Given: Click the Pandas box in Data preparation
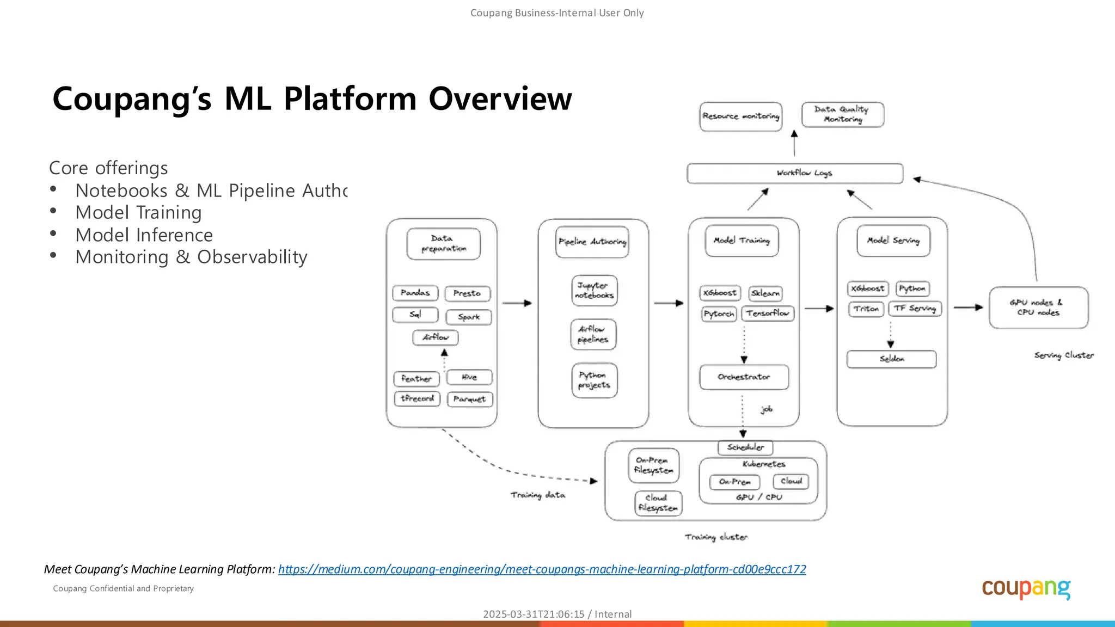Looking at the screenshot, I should pos(415,293).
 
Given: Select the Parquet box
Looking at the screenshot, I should pos(469,399).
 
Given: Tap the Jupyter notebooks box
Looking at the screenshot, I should pos(595,290).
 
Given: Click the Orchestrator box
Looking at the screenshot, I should pos(744,377).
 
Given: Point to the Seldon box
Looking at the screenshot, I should pos(891,359).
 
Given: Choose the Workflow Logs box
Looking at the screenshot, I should pos(795,173).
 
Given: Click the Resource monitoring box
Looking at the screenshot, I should pos(740,116).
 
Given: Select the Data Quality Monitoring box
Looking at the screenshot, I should pos(842,114).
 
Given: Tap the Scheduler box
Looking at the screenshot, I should pos(745,447).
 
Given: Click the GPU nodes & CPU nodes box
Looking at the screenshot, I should pos(1038,308).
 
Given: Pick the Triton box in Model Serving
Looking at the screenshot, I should pos(866,309).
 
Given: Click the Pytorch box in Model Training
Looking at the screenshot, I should pos(719,314).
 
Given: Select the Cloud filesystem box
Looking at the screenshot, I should pos(658,503).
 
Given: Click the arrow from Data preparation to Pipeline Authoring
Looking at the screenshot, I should pos(517,303).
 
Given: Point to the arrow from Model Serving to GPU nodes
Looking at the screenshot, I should pos(968,308).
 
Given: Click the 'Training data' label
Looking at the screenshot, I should pos(537,495).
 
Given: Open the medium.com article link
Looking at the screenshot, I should pos(542,569).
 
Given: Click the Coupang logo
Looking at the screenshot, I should pos(1026,589).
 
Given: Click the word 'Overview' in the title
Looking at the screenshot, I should pos(500,99).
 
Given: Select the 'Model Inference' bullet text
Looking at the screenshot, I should pos(144,235).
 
